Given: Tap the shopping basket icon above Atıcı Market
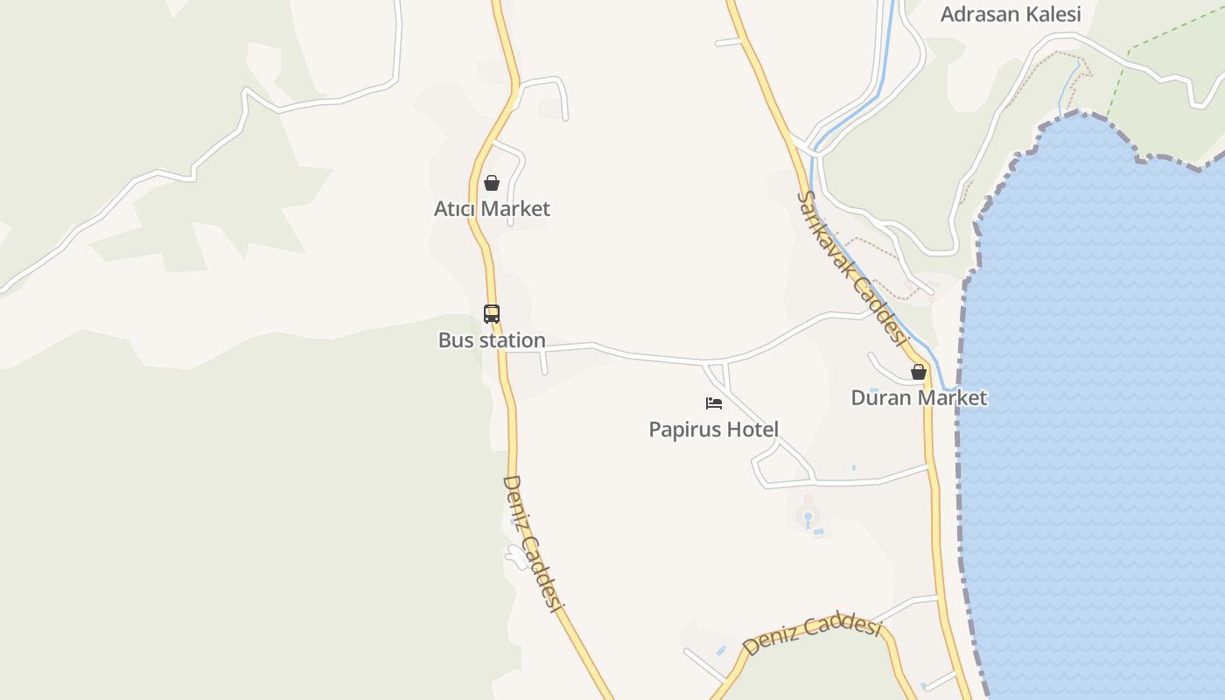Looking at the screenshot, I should click(x=492, y=183).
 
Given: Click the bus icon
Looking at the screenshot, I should click(x=492, y=313).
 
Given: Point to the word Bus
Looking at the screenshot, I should click(x=455, y=340).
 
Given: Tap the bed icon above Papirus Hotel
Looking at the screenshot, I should click(x=714, y=403).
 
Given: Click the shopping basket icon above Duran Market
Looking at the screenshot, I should click(x=919, y=372).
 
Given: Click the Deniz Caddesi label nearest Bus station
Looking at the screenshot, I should click(x=531, y=543).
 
